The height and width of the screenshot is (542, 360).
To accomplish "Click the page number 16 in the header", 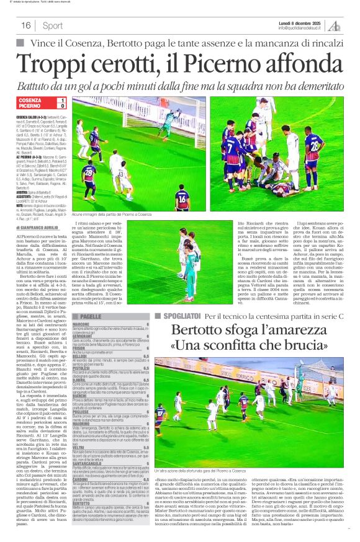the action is (27, 25).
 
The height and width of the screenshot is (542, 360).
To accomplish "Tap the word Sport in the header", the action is (53, 25).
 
